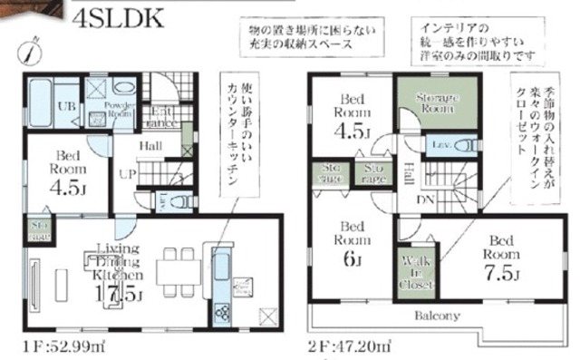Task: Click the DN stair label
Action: click(x=422, y=198)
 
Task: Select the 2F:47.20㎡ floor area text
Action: click(x=348, y=346)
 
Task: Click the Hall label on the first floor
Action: click(x=150, y=145)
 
